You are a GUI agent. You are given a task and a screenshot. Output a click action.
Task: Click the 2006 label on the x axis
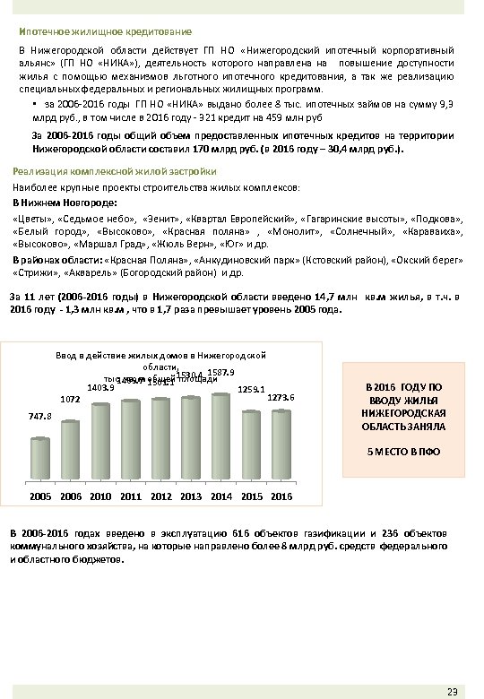point(71,496)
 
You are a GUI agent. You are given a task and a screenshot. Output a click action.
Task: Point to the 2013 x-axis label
point(191,496)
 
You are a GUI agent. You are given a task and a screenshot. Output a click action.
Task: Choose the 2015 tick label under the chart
point(251,496)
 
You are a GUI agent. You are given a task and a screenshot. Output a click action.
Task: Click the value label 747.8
point(40,417)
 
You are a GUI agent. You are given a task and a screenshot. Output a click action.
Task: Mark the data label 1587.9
point(220,372)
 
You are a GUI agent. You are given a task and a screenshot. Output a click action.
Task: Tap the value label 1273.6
point(281,397)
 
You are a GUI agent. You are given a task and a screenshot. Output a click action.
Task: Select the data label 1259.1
point(251,389)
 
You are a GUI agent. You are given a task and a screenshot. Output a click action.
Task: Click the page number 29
point(452,688)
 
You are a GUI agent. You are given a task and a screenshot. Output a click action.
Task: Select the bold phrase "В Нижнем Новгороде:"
point(60,203)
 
